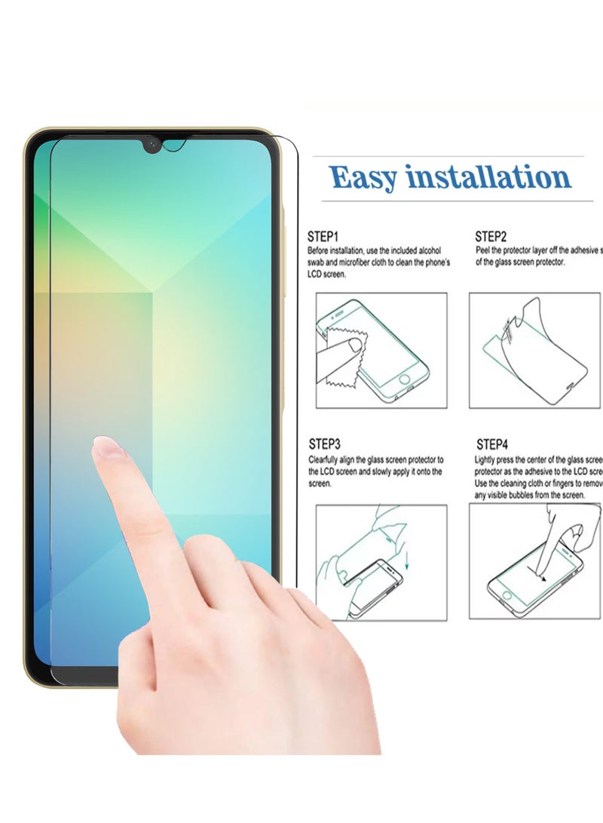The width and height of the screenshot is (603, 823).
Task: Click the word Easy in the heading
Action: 364,178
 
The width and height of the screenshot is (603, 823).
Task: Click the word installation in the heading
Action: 488,178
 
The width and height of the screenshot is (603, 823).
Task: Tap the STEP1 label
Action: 323,235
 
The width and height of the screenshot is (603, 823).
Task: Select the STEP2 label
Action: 491,235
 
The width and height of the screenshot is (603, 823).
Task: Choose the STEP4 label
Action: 492,445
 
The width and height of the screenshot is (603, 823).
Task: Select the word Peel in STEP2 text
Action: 483,250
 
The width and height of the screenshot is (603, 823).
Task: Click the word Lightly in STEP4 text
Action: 486,459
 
